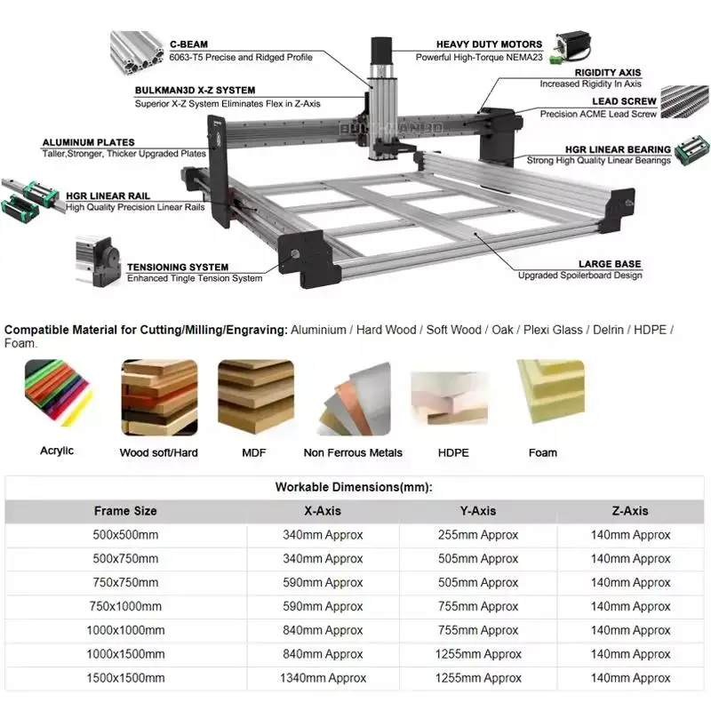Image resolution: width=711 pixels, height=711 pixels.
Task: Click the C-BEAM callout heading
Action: coord(188,44)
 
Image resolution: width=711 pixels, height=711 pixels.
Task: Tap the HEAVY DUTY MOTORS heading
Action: coord(489,44)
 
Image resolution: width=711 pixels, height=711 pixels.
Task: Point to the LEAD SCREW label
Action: coord(625,101)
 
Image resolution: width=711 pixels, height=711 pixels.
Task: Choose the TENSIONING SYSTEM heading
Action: coord(177,267)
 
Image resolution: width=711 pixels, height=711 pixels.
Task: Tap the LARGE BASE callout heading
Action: coord(609,264)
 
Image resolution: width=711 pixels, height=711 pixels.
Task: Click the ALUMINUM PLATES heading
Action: coord(89,142)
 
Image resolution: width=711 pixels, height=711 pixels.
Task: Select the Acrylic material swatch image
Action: coord(57,394)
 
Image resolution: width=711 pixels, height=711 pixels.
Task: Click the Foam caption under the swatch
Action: coord(542,452)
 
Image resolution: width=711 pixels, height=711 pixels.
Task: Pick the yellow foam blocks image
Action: coord(550,390)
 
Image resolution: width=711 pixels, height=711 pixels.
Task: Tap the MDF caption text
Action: coord(253,452)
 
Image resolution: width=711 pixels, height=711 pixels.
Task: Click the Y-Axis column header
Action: coord(477,511)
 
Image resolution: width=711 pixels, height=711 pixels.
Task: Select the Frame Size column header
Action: coord(125,511)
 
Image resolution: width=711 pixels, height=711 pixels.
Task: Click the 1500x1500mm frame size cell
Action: coord(125,678)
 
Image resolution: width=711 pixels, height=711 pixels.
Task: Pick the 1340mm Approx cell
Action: coord(322,678)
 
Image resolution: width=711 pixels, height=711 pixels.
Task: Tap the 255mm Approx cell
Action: coord(477,535)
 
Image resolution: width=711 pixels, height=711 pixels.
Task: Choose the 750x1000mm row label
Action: coord(125,606)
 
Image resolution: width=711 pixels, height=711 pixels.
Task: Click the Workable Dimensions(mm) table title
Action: coord(354,487)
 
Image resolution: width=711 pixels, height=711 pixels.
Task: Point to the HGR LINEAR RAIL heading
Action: coord(108,196)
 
